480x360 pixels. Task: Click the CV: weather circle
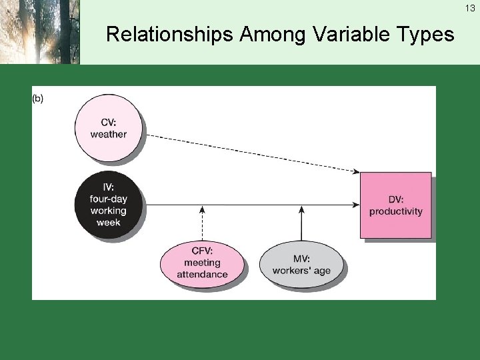click(x=109, y=128)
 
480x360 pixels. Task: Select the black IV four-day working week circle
click(x=109, y=203)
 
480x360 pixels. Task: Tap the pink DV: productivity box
click(x=396, y=205)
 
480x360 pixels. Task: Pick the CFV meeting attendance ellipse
click(x=203, y=263)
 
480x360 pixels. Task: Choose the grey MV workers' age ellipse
click(x=301, y=264)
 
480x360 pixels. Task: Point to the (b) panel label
click(x=38, y=99)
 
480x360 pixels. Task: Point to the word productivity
click(x=396, y=211)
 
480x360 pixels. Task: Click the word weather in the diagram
click(x=109, y=134)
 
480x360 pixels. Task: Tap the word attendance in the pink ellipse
click(x=203, y=274)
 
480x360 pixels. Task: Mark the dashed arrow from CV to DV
click(x=253, y=153)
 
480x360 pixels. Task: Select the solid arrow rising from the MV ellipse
click(x=302, y=223)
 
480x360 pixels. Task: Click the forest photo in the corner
click(x=39, y=32)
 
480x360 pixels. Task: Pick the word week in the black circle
click(x=109, y=222)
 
